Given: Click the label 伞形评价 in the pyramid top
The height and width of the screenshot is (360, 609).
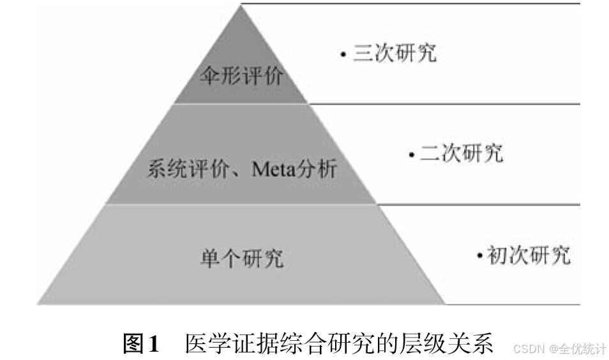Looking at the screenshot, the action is pyautogui.click(x=241, y=79).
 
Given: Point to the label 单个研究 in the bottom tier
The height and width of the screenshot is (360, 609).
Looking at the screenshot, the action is pyautogui.click(x=242, y=259).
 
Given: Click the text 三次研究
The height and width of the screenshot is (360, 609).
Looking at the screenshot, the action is pyautogui.click(x=395, y=53).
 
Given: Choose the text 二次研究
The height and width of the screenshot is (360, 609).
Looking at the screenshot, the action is pyautogui.click(x=462, y=153).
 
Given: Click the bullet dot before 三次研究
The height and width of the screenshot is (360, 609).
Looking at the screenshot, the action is pyautogui.click(x=343, y=55).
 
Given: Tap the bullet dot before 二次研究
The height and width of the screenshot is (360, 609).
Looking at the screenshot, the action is pyautogui.click(x=412, y=154).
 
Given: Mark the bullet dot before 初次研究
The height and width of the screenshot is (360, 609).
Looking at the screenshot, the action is pyautogui.click(x=479, y=257).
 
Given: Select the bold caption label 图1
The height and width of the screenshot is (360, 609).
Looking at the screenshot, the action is pyautogui.click(x=140, y=345).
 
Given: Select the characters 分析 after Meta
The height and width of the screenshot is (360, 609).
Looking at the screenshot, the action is pyautogui.click(x=319, y=170).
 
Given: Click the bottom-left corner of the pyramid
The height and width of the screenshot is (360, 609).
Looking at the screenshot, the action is pyautogui.click(x=38, y=303).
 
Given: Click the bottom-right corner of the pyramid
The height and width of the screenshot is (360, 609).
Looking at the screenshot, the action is pyautogui.click(x=445, y=303).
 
